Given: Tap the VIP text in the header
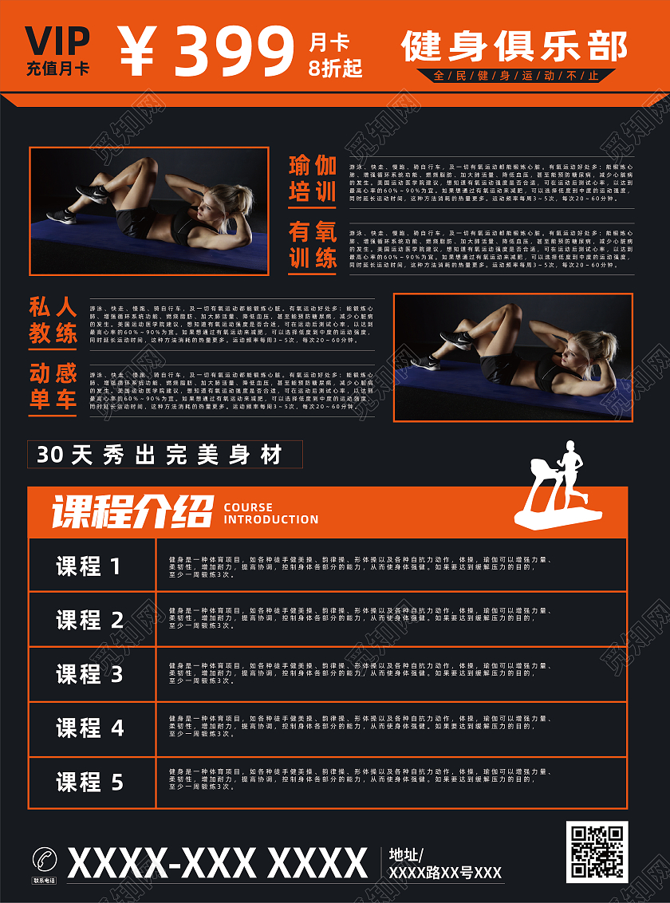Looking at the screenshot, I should click(57, 40).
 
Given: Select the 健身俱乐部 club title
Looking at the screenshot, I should click(514, 46).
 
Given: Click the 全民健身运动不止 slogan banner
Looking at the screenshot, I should click(515, 77).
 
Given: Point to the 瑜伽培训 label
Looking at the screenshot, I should click(312, 179).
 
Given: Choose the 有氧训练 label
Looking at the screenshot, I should click(312, 245).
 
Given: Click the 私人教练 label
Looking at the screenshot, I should click(53, 319).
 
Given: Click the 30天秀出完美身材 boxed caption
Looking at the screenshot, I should click(165, 455).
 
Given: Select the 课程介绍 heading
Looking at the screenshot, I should click(132, 511).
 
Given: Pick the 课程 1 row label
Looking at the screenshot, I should click(89, 566).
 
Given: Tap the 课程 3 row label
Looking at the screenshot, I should click(89, 674).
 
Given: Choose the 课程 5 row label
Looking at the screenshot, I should click(89, 783).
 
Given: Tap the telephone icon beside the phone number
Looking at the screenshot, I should click(45, 860).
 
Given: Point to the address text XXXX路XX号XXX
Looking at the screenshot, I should click(444, 873).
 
